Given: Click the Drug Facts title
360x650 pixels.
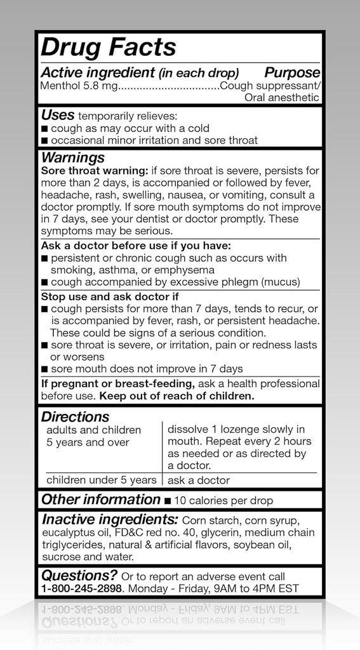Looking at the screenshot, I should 109,48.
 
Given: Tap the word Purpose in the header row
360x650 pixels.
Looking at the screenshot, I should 292,73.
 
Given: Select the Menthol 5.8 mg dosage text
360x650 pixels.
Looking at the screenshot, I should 79,86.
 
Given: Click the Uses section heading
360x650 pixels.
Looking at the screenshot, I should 58,116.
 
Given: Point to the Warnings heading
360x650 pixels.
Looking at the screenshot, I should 73,157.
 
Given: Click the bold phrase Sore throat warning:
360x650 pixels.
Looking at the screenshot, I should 94,171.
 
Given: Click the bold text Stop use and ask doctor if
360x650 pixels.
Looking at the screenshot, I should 110,296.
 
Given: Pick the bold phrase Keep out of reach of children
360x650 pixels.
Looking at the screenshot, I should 176,395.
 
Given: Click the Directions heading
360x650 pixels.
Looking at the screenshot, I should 76,417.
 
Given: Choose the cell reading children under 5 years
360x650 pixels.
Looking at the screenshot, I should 101,481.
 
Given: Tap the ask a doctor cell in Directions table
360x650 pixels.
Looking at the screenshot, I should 199,481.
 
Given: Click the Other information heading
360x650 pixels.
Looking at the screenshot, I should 101,500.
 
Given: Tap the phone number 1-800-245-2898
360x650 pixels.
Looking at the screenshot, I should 81,588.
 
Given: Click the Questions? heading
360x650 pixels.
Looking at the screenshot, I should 79,576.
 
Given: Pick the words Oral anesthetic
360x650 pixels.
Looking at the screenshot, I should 282,98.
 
